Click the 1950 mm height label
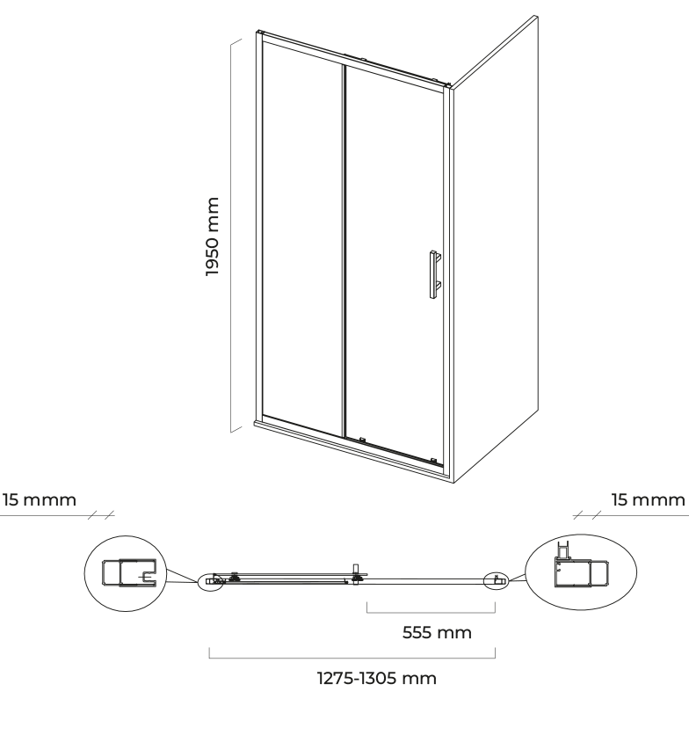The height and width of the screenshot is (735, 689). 213,237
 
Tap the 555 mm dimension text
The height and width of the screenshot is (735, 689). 437,632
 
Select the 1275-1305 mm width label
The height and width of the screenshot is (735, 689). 377,678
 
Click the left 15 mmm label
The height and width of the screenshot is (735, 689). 40,499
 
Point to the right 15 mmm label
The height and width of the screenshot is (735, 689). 649,499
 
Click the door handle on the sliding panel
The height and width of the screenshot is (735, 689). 434,274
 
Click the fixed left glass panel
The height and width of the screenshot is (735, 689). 302,239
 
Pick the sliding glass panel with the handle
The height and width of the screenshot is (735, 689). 394,263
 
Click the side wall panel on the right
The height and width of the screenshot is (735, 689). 495,249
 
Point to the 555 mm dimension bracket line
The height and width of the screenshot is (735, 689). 431,613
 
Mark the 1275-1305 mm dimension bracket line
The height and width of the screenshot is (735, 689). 352,659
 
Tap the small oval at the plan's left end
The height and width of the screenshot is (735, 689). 211,582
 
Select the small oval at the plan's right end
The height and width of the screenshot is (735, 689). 497,581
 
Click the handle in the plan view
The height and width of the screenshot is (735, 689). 357,573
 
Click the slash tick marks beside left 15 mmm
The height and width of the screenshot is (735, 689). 101,515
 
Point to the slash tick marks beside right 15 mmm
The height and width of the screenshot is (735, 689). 587,515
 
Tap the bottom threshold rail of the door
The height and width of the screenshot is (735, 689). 352,449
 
